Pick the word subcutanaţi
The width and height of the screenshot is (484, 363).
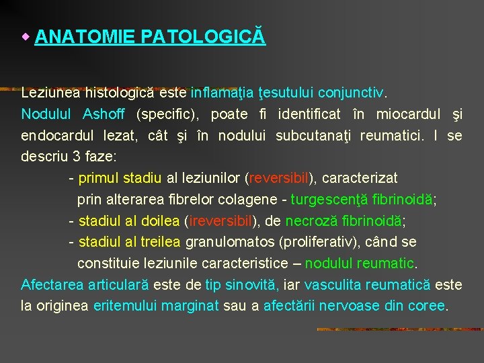pos(315,136)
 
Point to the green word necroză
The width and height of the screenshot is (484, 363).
pos(310,220)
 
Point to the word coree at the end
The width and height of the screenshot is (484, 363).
pos(426,306)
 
